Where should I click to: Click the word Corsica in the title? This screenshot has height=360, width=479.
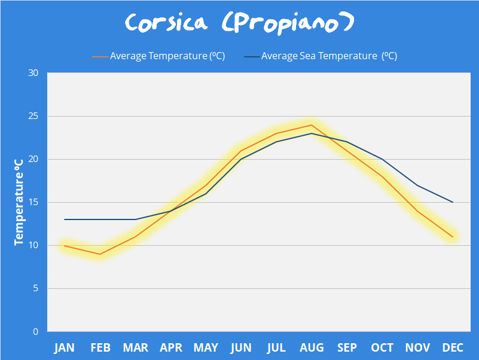tap(166, 23)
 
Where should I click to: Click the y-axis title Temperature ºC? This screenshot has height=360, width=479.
tap(19, 202)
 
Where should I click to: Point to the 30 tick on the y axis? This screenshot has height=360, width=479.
tap(33, 74)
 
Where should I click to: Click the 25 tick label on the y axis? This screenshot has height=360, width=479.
tap(33, 117)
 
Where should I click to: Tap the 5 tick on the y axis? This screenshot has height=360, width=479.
tap(35, 289)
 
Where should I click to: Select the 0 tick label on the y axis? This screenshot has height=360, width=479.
tap(35, 332)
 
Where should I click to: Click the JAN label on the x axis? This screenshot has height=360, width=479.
tap(65, 348)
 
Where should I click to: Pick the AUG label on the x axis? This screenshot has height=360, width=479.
tap(312, 348)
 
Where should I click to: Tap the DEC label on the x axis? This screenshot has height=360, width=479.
tap(453, 348)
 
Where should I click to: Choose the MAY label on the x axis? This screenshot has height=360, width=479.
tap(206, 348)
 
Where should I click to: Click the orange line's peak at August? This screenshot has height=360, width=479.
tap(312, 125)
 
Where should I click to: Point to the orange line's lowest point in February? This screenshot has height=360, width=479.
tap(100, 254)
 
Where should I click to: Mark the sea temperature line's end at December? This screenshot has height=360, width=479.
tap(453, 202)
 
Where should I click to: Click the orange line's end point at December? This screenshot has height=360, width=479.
tap(453, 237)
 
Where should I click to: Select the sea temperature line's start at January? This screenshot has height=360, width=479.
tap(65, 219)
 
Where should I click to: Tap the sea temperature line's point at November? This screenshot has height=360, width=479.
tap(417, 185)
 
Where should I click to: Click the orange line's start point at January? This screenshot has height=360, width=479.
tap(65, 246)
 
